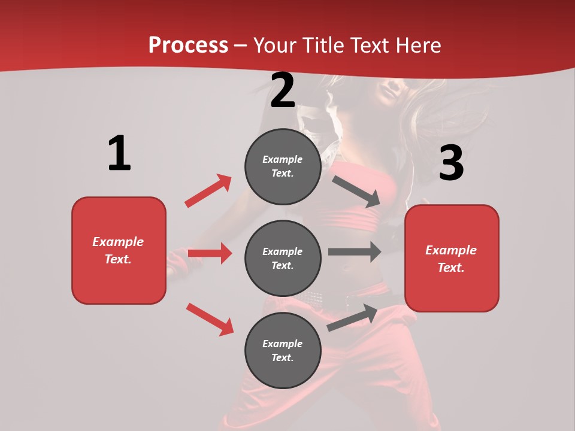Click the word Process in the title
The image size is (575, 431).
[188, 45]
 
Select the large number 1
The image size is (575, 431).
[119, 154]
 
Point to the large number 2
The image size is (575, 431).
[283, 90]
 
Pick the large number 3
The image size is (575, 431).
[452, 163]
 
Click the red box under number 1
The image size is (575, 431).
[119, 250]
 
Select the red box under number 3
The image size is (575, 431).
[452, 258]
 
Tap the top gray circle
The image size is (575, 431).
[283, 166]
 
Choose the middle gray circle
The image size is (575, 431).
[283, 258]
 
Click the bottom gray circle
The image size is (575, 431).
[283, 350]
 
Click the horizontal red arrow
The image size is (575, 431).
[210, 253]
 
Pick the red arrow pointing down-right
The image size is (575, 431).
[210, 319]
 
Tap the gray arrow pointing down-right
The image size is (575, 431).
[356, 191]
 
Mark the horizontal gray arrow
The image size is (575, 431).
[354, 252]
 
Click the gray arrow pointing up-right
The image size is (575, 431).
[352, 318]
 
